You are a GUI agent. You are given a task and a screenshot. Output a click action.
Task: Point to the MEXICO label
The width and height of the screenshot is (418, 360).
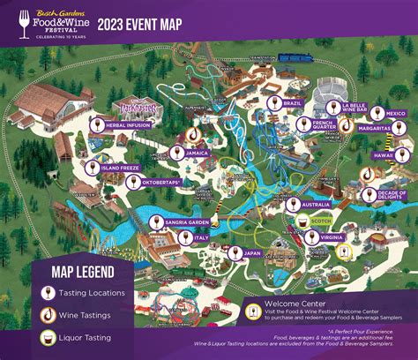[396, 114]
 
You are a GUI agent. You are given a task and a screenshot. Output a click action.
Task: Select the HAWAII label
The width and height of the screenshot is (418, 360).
[383, 154]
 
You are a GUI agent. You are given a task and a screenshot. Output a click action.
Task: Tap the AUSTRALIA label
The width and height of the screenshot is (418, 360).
[315, 205]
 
